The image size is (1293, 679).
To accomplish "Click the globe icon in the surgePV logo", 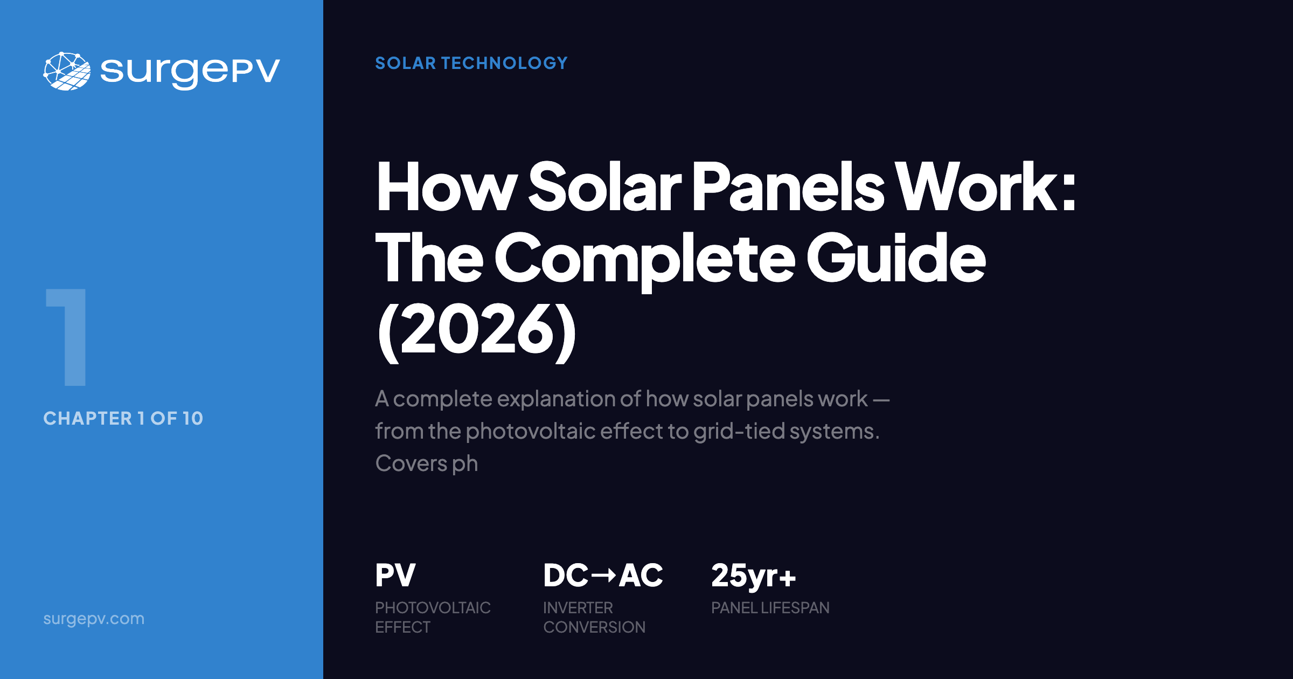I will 67,71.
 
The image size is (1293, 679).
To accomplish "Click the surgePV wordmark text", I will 190,72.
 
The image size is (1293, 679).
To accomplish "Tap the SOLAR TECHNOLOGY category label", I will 471,63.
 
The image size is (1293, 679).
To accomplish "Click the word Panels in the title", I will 788,187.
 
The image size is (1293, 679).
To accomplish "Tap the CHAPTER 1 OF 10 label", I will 123,418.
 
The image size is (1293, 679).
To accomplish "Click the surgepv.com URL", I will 94,619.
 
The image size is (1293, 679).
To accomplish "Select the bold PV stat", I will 395,576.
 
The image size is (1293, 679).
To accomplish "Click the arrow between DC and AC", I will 603,576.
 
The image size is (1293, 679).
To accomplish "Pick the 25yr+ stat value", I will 753,576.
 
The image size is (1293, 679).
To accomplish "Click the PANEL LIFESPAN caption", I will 770,608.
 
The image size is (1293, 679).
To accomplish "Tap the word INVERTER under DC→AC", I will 578,608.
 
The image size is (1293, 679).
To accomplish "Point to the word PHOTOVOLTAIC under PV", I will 433,608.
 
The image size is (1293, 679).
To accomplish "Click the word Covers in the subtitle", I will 411,463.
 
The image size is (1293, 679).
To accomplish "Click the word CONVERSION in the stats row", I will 594,627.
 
